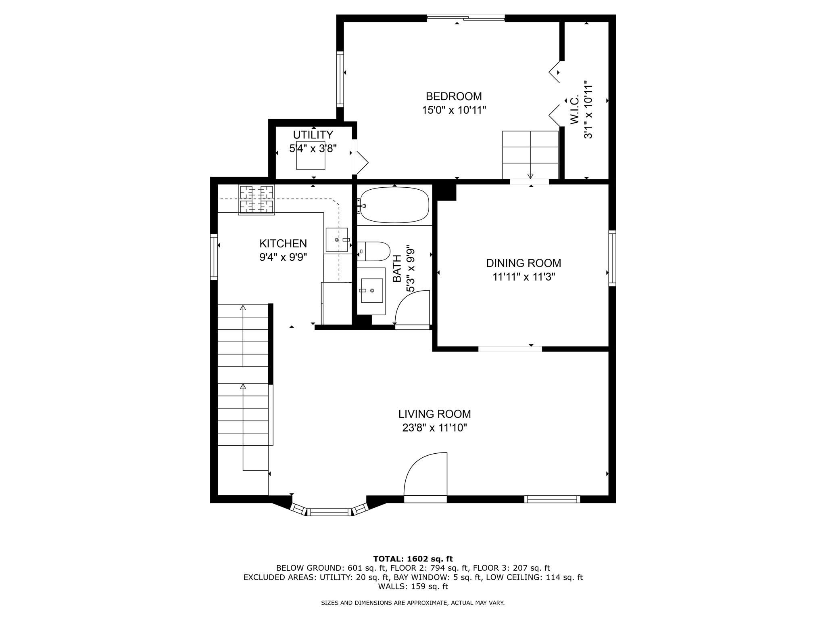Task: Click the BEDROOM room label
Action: pos(454,96)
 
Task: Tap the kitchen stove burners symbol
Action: pos(257,200)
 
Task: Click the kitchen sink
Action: pos(336,240)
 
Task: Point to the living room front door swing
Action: pos(426,474)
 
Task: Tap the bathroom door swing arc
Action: pos(411,309)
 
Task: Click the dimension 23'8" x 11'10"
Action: pos(434,428)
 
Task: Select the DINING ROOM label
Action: pos(524,263)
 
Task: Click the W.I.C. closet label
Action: pos(575,110)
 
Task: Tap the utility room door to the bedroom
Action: pos(360,161)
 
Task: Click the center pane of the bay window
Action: pos(329,513)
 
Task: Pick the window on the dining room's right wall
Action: pos(612,258)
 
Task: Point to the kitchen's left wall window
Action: pos(214,257)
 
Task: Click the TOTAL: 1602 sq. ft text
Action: pos(413,559)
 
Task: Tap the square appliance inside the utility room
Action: pos(311,155)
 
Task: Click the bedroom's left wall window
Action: pos(340,79)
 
